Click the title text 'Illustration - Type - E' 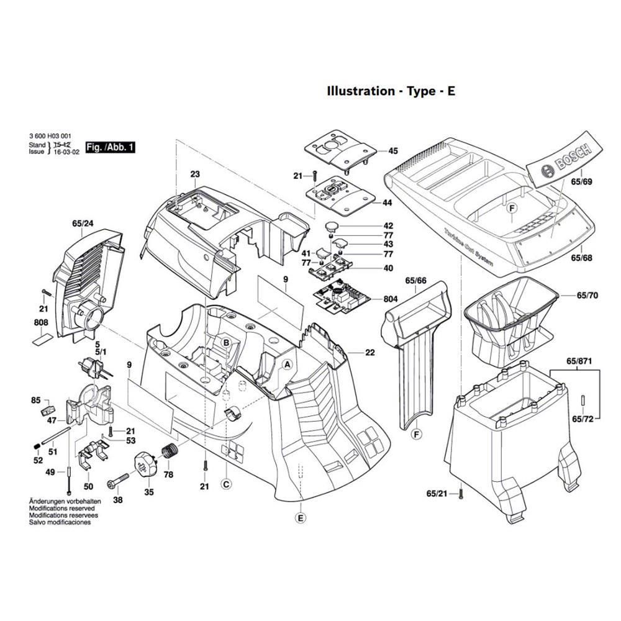point(391,91)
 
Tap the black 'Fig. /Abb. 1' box point(111,147)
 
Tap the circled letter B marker point(227,343)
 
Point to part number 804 point(391,299)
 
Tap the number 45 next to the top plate point(393,151)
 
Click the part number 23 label point(195,175)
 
